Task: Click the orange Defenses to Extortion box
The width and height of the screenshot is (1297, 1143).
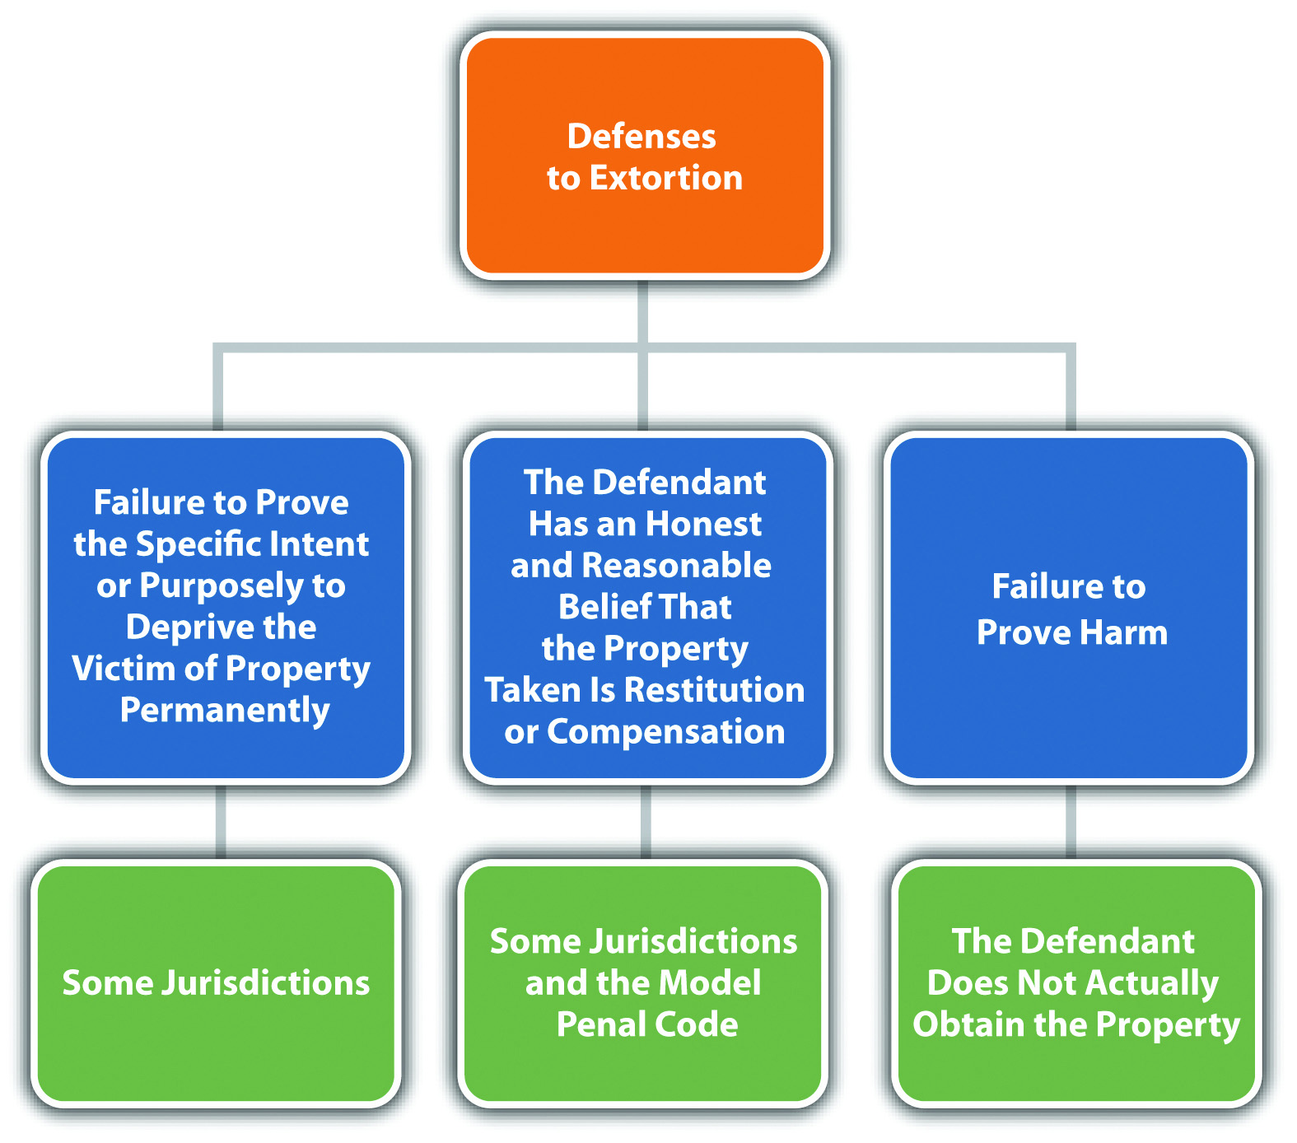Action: pos(645,156)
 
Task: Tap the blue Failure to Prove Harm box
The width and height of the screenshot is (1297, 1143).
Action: pos(1069,608)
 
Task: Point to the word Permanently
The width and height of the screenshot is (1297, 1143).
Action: pos(225,711)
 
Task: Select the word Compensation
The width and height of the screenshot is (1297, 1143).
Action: pos(666,732)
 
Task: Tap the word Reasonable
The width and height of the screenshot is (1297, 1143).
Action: pos(676,565)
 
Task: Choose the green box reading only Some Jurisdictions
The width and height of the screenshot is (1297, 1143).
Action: pos(217,983)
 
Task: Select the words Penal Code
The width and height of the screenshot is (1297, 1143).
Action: pos(647,1024)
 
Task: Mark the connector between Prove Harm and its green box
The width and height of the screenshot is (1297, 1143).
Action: pos(1071,822)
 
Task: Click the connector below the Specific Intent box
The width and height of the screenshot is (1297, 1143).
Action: pos(221,822)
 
